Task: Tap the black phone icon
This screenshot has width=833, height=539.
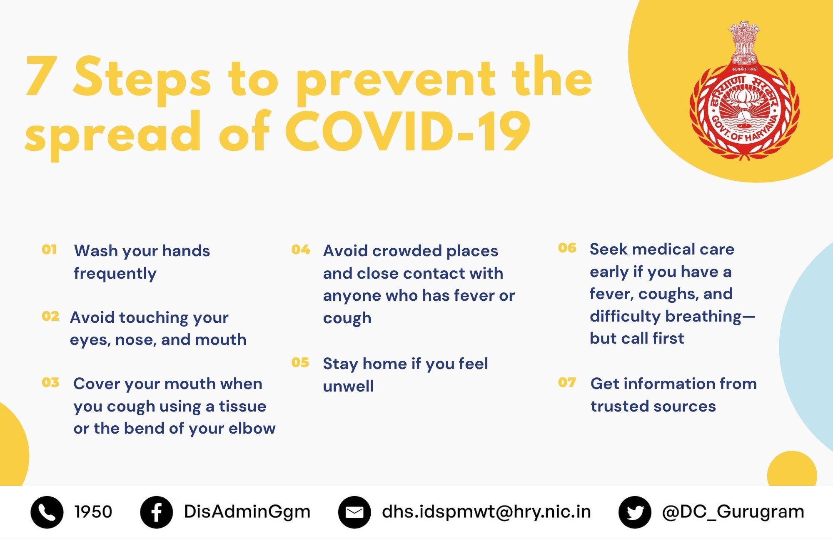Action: coord(47,512)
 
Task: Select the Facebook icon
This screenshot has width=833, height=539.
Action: coord(156,512)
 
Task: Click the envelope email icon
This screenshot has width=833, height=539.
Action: coord(354,512)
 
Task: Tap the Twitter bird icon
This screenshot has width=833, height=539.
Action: coord(635,512)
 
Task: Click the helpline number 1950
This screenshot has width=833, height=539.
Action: coord(93,512)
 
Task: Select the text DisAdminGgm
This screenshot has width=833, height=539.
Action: coord(247,512)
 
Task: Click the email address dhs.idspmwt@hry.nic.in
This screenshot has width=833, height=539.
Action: coord(486,512)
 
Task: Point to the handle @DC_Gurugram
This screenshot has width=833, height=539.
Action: coord(733,512)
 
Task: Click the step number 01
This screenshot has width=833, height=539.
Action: coord(49,250)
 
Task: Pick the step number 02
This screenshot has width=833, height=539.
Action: coord(50,317)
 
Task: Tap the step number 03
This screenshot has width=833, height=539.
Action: coord(50,383)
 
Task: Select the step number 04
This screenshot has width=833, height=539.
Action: coord(301,250)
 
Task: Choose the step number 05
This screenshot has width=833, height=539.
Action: coord(300,363)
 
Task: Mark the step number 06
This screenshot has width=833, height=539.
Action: coord(567,248)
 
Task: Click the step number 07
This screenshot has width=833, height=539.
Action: coord(567,382)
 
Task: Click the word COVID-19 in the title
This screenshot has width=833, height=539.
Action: coord(408,132)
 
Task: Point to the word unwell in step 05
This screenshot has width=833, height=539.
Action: coord(348,386)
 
